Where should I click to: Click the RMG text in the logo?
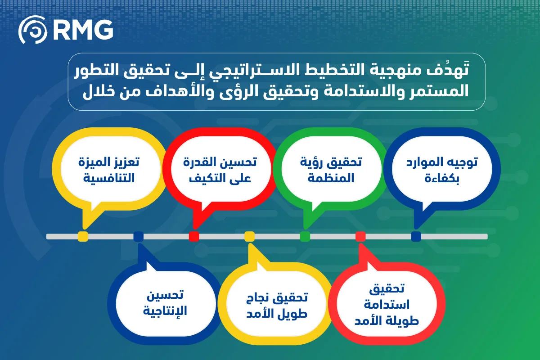[83, 30]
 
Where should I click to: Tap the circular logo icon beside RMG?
[33, 30]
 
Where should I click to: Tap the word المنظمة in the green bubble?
[331, 178]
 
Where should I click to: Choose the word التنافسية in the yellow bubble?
[109, 178]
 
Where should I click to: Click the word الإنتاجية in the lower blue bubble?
[165, 311]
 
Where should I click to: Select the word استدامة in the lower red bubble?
[387, 305]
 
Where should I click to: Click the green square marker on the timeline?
[305, 236]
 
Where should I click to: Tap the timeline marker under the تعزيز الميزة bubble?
[83, 236]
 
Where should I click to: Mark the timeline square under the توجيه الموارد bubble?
[416, 236]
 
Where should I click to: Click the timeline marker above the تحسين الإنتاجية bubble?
[139, 236]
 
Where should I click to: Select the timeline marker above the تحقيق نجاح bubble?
[249, 236]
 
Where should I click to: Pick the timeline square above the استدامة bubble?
[360, 236]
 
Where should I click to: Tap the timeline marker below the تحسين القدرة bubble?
[194, 236]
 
